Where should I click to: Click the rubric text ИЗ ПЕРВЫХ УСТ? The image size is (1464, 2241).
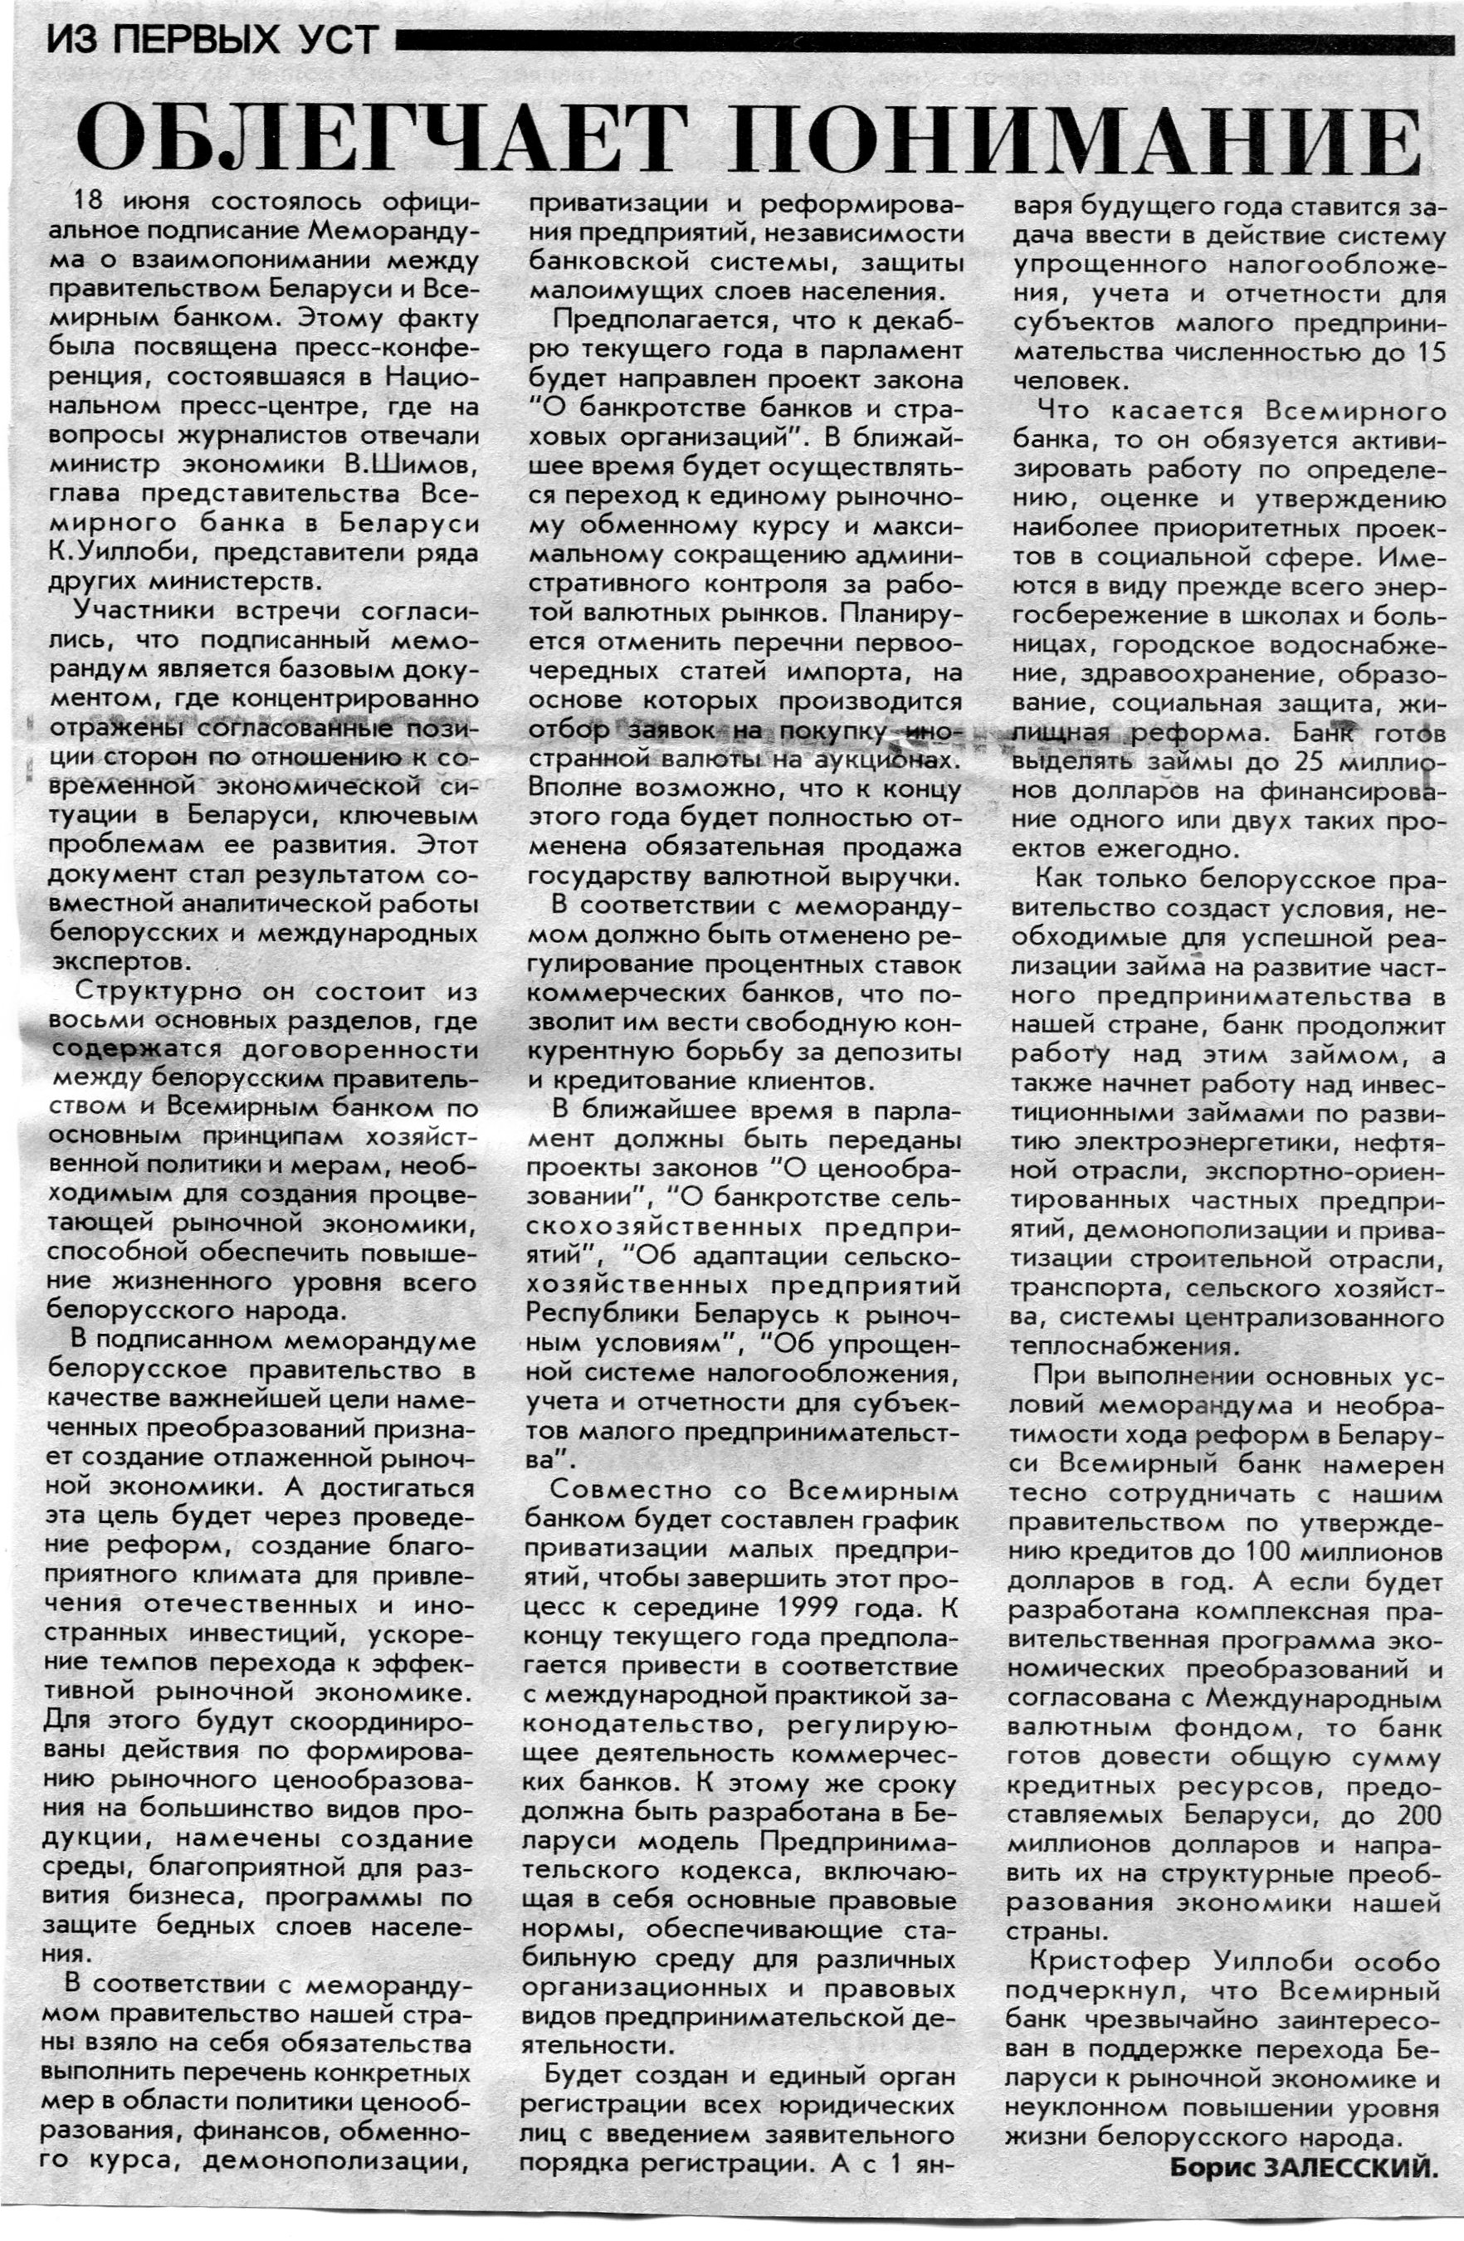[212, 41]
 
